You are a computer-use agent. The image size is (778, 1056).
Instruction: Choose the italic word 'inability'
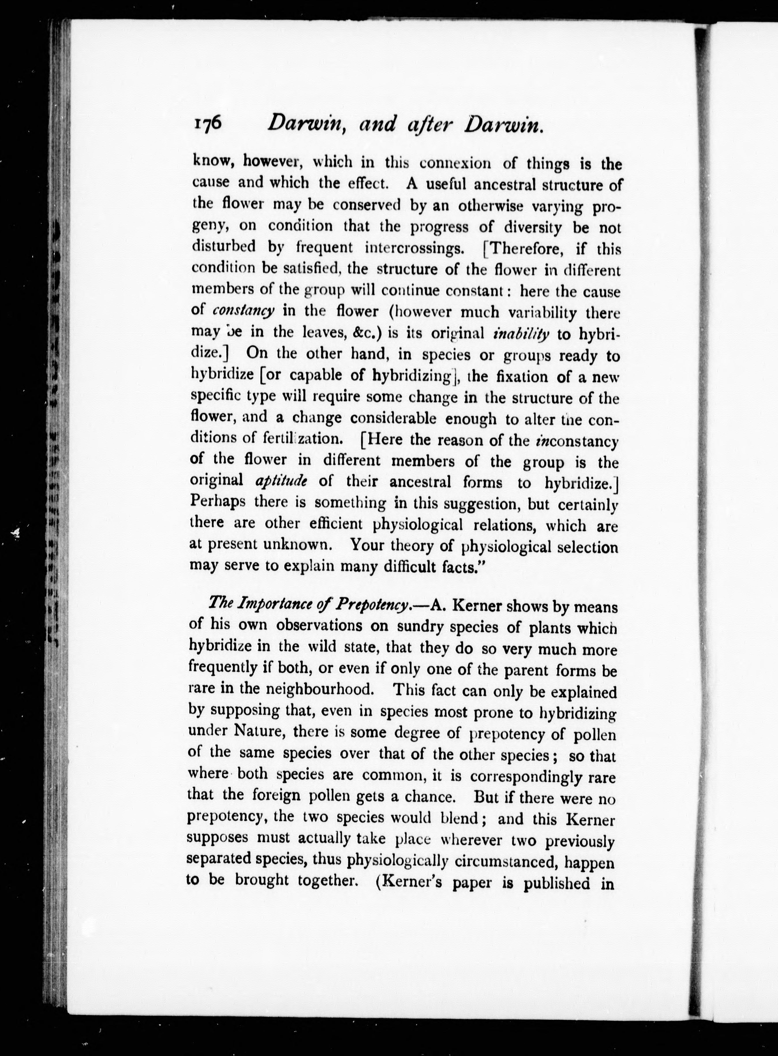click(x=521, y=334)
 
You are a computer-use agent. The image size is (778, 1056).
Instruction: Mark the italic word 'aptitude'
click(x=281, y=481)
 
